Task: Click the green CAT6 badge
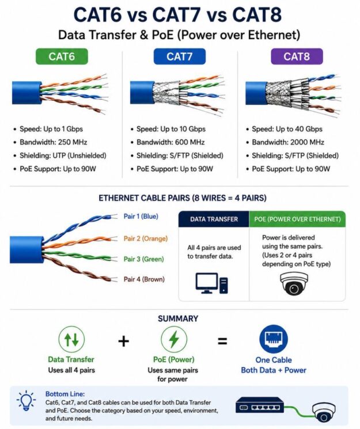(x=62, y=56)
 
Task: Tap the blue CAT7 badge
(x=179, y=56)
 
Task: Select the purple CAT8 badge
(x=297, y=56)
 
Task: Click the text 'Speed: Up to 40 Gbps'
(x=287, y=129)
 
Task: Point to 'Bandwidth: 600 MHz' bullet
(x=170, y=142)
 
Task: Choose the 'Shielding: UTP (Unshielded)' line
(x=63, y=155)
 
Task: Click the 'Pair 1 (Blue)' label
(x=141, y=216)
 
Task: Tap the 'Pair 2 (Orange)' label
(x=145, y=238)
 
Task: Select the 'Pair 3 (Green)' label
(x=143, y=259)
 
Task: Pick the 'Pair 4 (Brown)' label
(x=144, y=279)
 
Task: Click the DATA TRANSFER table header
(x=214, y=219)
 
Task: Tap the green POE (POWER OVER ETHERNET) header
(x=297, y=219)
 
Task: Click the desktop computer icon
(x=211, y=283)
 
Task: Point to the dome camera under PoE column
(x=294, y=283)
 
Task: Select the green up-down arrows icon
(x=71, y=339)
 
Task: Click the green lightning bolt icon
(x=174, y=339)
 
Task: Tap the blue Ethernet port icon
(x=274, y=339)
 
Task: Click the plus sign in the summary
(x=123, y=341)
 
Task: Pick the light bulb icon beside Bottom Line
(x=26, y=401)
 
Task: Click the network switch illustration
(x=260, y=405)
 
